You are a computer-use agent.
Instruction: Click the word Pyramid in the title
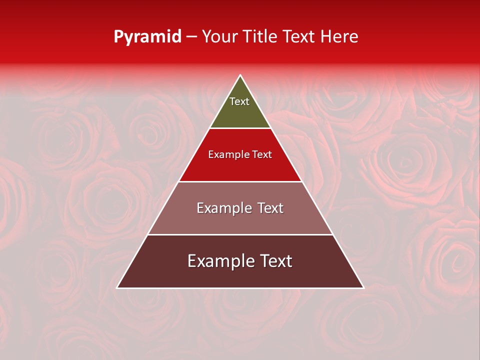coord(147,37)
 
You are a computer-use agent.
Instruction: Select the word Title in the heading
coord(260,37)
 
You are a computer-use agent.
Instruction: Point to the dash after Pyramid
coord(191,37)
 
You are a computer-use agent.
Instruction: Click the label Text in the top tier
coord(239,101)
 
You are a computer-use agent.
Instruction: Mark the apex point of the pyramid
coord(240,75)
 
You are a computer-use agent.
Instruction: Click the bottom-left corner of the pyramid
coord(117,287)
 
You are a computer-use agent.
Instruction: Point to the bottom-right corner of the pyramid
coord(363,287)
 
